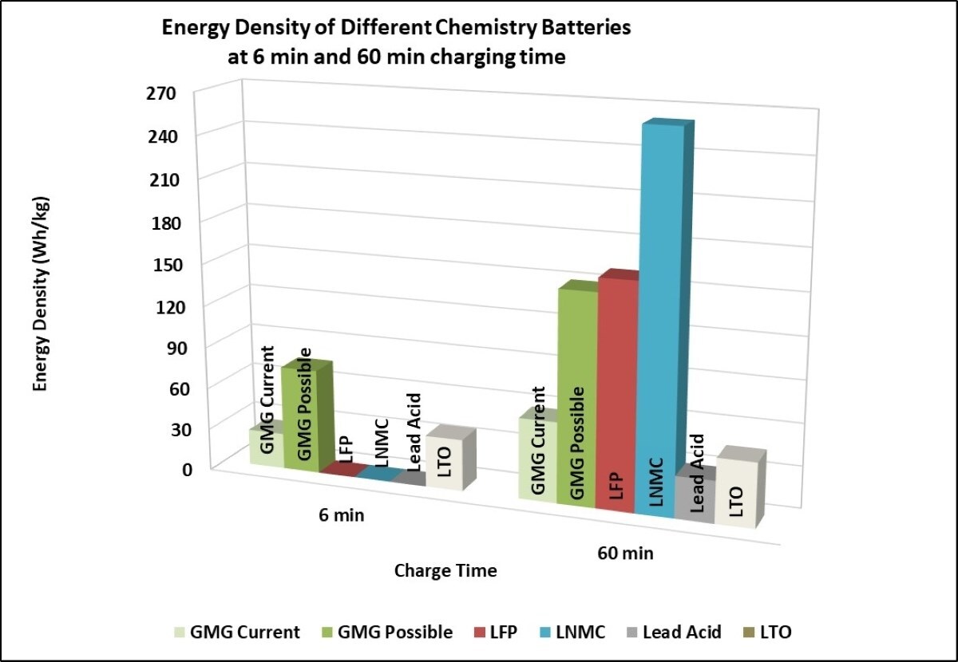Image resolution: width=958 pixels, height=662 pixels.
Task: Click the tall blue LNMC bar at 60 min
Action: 659,319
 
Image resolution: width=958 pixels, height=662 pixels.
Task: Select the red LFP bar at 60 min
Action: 616,391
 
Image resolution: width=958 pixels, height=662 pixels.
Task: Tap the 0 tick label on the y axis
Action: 188,469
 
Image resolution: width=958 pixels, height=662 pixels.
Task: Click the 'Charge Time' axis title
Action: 445,571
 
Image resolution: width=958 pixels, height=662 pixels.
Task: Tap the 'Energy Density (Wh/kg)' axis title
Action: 41,294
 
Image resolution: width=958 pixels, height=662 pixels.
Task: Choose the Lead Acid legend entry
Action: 679,632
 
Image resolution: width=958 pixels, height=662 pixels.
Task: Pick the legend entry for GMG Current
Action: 238,632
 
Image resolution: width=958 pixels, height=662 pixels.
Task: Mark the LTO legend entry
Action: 772,632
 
